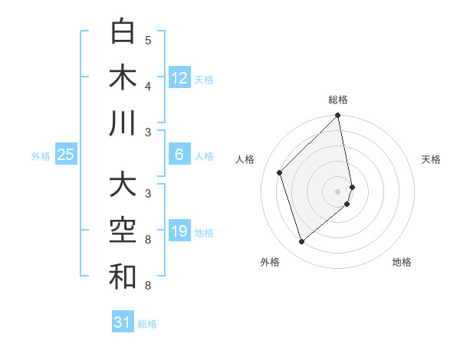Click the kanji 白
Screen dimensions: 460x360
(123, 31)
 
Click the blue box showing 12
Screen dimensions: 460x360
(179, 77)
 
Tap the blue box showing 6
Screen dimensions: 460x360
(179, 155)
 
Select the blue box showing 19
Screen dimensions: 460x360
(179, 232)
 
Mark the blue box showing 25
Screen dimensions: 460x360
(66, 155)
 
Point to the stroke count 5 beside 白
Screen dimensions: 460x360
(148, 41)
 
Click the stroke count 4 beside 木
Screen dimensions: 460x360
(148, 86)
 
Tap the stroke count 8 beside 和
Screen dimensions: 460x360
(148, 286)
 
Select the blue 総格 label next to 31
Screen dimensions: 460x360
(147, 324)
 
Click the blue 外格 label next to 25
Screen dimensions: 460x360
(41, 156)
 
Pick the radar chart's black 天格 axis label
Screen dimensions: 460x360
(431, 159)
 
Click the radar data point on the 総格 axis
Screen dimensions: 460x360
(337, 116)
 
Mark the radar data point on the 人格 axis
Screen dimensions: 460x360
(280, 172)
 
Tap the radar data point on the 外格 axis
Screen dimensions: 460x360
(302, 242)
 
